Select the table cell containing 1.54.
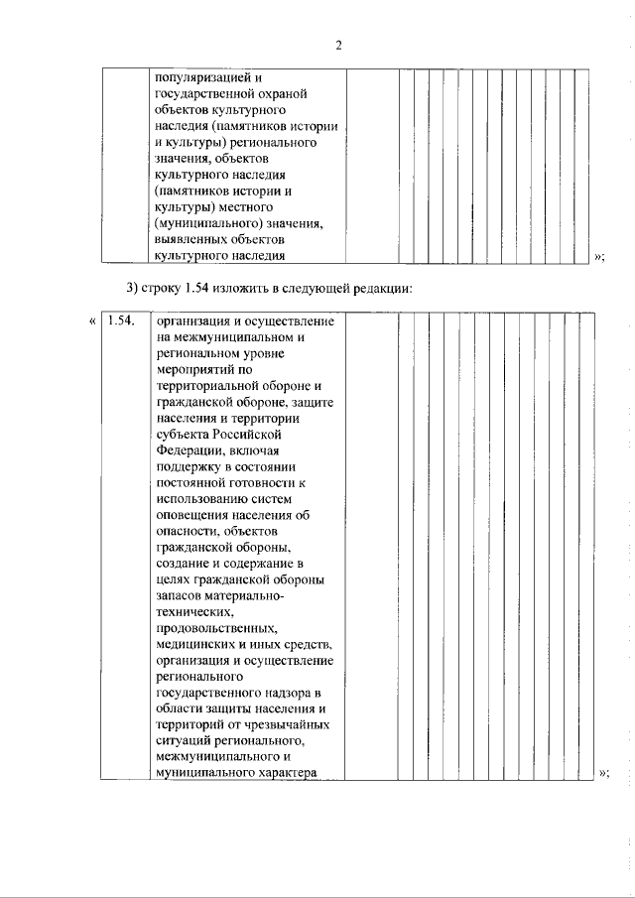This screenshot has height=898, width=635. (x=125, y=321)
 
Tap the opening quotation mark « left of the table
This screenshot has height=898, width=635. (x=91, y=321)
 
